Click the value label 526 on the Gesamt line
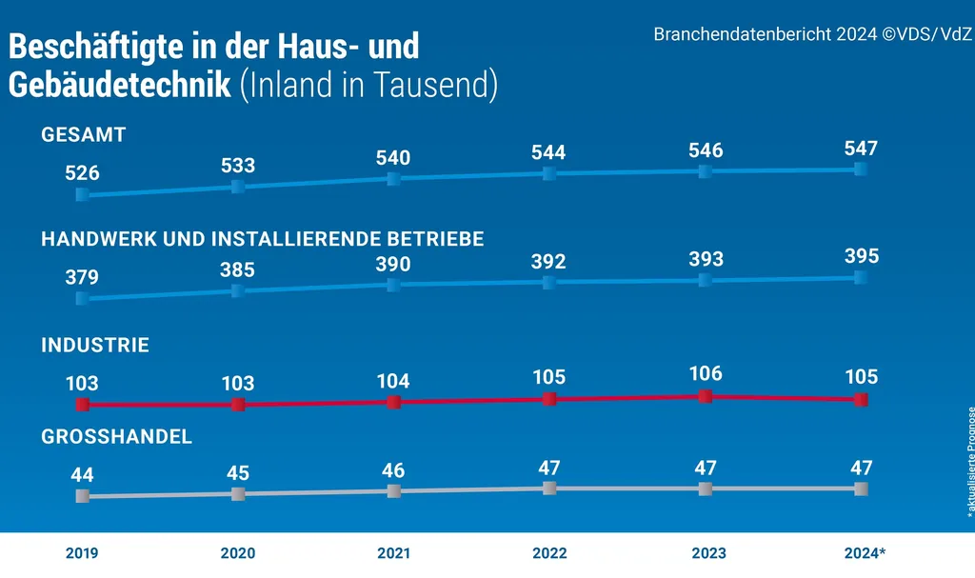point(82,173)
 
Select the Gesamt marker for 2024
point(861,169)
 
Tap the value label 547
point(861,149)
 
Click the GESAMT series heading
point(84,135)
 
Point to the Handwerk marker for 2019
point(82,298)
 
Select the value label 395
point(861,256)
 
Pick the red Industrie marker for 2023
point(705,396)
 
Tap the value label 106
point(705,373)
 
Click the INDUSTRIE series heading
point(95,346)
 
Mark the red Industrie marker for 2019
point(82,405)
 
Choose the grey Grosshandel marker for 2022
point(549,488)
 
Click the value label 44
point(82,473)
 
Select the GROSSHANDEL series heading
point(117,437)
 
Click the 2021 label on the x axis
point(393,553)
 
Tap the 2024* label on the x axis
point(865,553)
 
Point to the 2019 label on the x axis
point(82,553)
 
